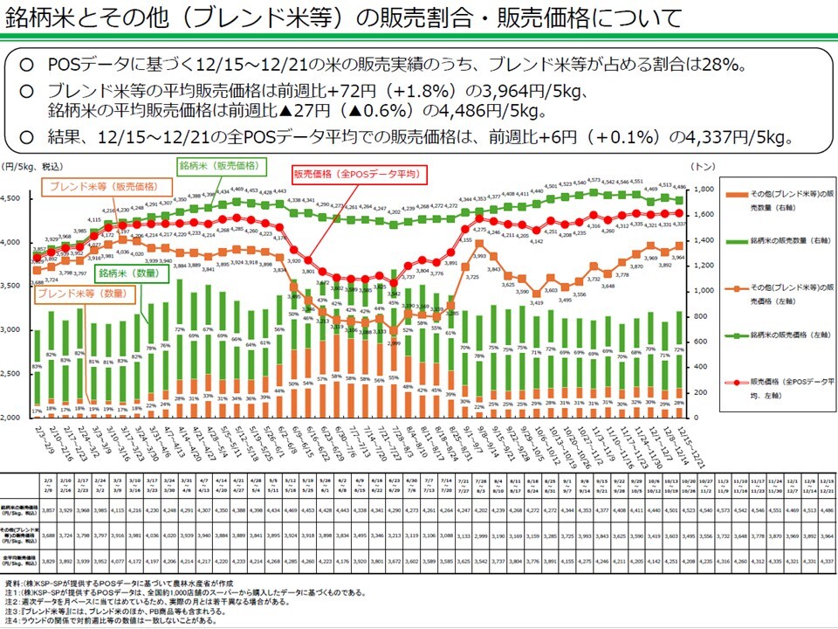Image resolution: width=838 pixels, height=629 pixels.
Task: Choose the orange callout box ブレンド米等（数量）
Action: (x=79, y=294)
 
